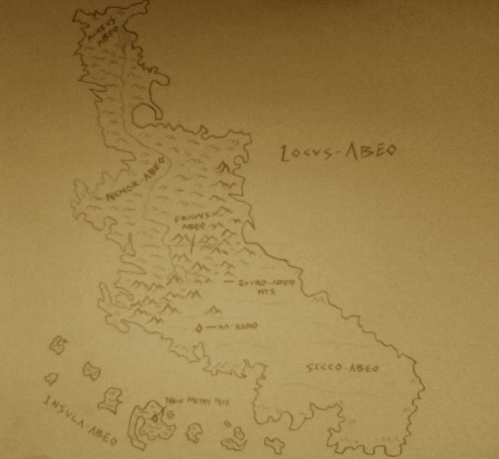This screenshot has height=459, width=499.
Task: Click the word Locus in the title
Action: (296, 156)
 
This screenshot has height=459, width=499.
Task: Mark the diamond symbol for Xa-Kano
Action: (200, 324)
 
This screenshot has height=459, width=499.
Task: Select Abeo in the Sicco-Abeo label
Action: (361, 368)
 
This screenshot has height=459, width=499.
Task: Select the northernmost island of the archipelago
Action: (58, 344)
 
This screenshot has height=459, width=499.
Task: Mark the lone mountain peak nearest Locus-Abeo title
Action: (226, 178)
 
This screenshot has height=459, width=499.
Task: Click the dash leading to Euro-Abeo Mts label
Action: (230, 283)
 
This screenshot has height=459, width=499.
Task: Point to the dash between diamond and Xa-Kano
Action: (209, 324)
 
